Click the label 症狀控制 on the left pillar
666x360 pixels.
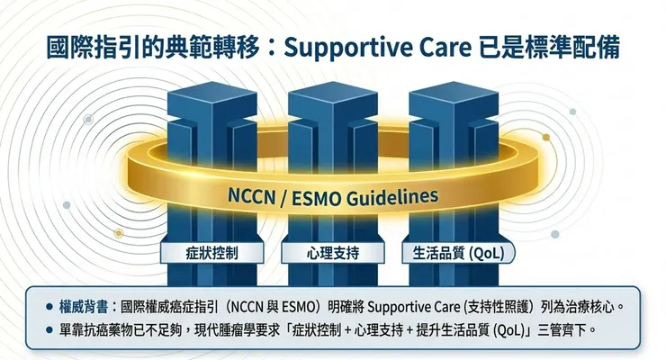(211, 253)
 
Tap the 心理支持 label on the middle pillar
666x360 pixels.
(333, 253)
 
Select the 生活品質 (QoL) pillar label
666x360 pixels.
(458, 253)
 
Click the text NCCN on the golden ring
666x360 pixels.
(251, 196)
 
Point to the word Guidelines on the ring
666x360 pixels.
(392, 196)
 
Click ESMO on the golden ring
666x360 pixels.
(316, 198)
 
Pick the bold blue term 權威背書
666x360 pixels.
(84, 307)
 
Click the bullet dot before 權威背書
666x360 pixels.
(49, 307)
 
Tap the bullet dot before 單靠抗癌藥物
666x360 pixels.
(49, 330)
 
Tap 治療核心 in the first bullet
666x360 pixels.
(590, 307)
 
